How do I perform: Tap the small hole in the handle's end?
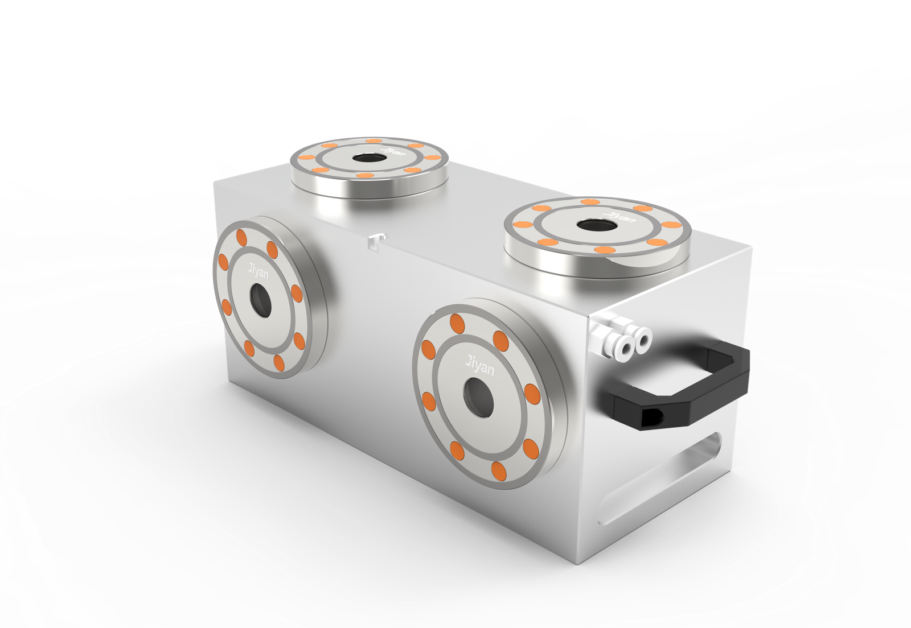coord(652,417)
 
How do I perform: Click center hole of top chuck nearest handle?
coord(597,225)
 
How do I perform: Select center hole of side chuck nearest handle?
coord(478,398)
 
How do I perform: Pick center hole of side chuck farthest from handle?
coord(260,300)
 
